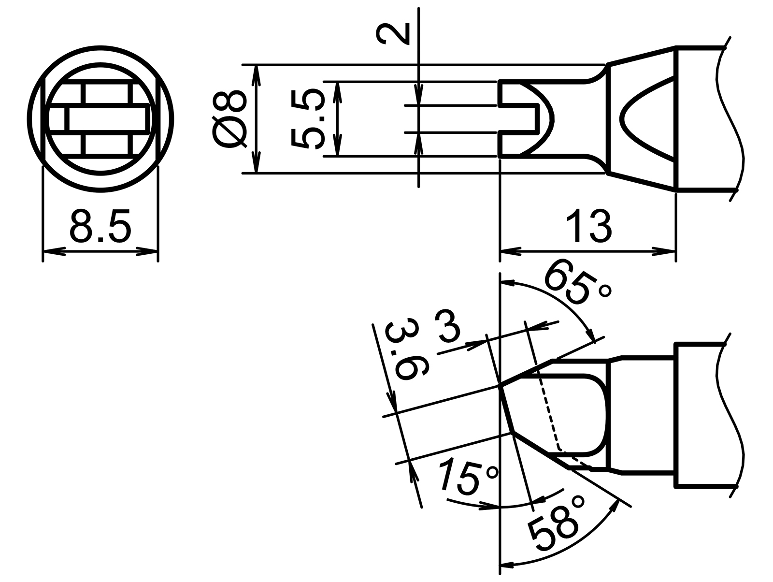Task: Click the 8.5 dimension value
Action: (100, 226)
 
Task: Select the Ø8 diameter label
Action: (229, 118)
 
